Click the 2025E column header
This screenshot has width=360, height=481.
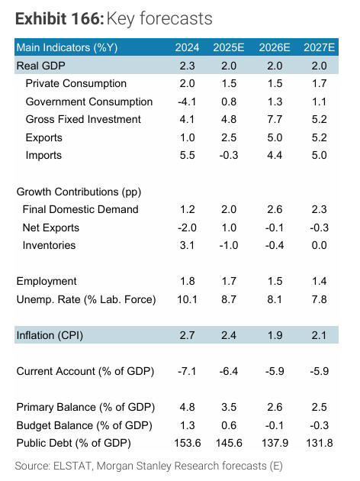point(230,47)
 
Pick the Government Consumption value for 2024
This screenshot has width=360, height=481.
point(188,102)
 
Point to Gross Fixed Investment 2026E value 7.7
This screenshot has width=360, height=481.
point(275,119)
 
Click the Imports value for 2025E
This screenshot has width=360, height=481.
point(230,155)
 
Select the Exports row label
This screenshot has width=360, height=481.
point(44,137)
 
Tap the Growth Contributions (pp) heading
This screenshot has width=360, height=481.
point(79,192)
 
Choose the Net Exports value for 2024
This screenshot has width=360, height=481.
point(188,228)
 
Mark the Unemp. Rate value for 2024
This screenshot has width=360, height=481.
point(188,299)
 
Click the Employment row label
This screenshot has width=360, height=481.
point(47,282)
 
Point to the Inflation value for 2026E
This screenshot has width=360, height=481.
point(275,335)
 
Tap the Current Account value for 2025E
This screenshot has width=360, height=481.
point(230,371)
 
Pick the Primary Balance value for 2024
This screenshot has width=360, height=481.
point(188,407)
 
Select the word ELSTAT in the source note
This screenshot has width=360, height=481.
point(71,464)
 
